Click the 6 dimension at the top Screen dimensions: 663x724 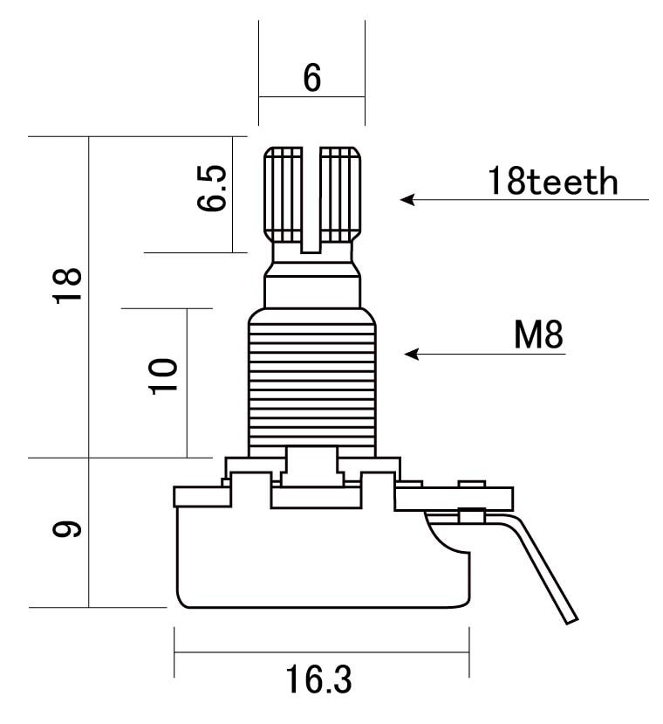(x=312, y=78)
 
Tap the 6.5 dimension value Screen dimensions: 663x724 (x=212, y=188)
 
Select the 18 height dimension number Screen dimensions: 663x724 (x=68, y=286)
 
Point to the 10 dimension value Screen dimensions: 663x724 (x=163, y=376)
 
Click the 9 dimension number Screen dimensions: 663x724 (x=67, y=529)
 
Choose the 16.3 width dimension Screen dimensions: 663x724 (x=318, y=679)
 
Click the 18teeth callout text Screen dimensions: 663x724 (x=553, y=181)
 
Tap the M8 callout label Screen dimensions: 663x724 (x=538, y=334)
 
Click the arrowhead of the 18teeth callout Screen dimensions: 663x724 (x=409, y=200)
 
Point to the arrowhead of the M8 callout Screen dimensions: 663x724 (x=412, y=355)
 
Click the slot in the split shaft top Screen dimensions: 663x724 (x=311, y=200)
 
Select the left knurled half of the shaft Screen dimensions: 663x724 (x=283, y=195)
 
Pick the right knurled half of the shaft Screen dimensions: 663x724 (x=340, y=195)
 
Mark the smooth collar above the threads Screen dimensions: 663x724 (x=312, y=292)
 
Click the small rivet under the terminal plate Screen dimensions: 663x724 (x=472, y=515)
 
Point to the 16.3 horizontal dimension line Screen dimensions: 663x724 (x=322, y=652)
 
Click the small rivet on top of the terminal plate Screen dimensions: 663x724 (x=472, y=484)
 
